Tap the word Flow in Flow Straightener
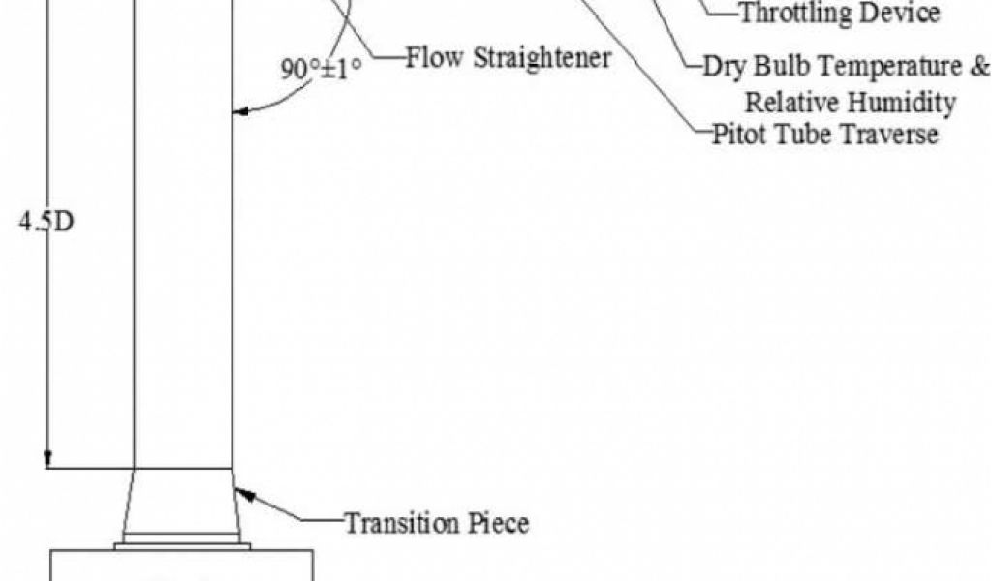click(x=434, y=58)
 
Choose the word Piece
click(x=500, y=524)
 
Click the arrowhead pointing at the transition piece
click(x=242, y=494)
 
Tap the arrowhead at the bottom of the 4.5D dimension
click(x=46, y=460)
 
